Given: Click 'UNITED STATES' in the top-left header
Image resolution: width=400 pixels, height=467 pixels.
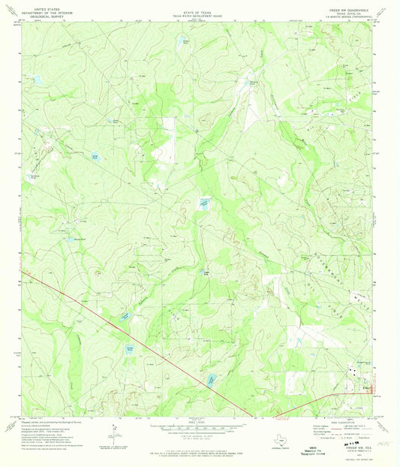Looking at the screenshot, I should point(39,5).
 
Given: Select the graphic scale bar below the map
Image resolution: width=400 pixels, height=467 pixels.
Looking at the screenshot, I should point(199,426).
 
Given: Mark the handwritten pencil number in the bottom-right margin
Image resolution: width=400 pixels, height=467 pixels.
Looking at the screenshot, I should point(387,445).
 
